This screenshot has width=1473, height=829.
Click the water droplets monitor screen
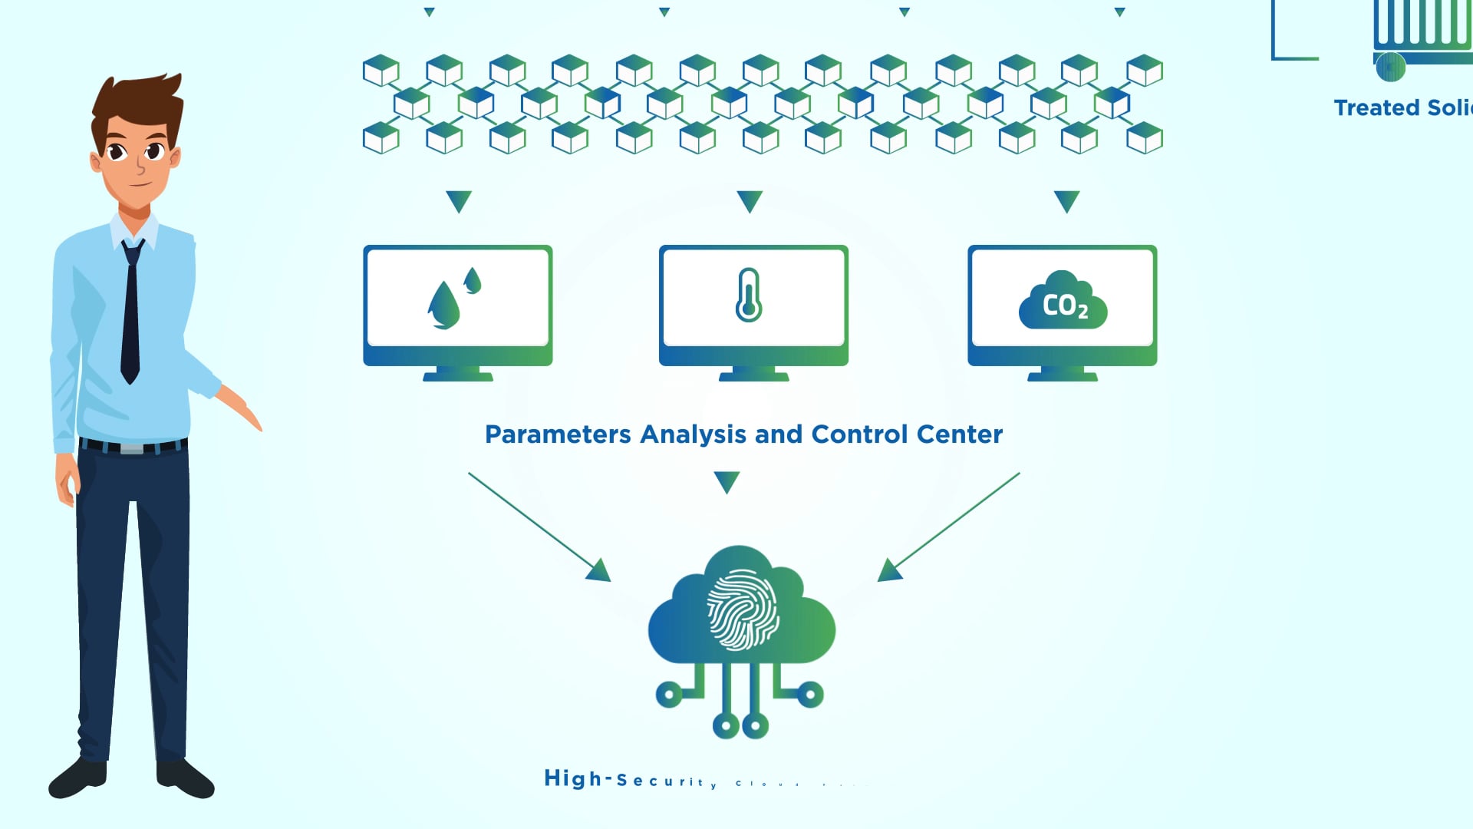(458, 298)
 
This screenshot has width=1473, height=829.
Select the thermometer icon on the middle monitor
(749, 295)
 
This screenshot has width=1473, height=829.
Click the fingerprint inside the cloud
(743, 609)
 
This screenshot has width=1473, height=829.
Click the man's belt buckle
(131, 448)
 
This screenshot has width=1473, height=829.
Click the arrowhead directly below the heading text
(727, 482)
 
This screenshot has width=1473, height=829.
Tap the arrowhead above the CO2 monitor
(1067, 201)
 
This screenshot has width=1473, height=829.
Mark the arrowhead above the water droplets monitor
(459, 201)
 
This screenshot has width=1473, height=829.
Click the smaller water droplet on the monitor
(473, 280)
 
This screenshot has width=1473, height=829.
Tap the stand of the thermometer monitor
(753, 374)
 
